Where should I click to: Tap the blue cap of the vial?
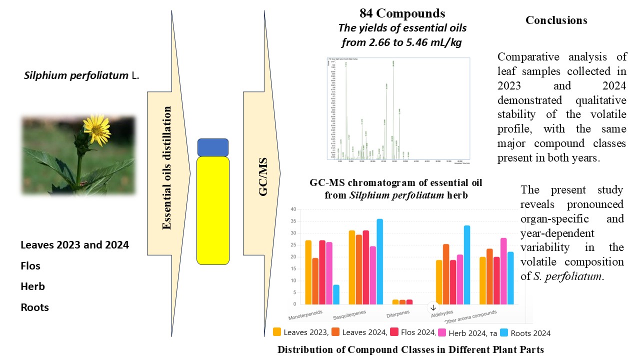pyautogui.click(x=213, y=147)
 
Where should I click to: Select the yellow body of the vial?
pyautogui.click(x=213, y=210)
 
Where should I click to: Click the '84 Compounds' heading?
pyautogui.click(x=401, y=13)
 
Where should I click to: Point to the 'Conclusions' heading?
pyautogui.click(x=556, y=20)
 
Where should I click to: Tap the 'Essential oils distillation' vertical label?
pyautogui.click(x=167, y=168)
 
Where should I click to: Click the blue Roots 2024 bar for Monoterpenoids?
pyautogui.click(x=336, y=294)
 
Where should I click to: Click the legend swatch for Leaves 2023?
pyautogui.click(x=276, y=332)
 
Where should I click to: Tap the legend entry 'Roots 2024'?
pyautogui.click(x=530, y=332)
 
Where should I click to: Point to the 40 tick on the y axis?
pyautogui.click(x=293, y=209)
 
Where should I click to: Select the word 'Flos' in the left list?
pyautogui.click(x=30, y=265)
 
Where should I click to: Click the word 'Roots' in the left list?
pyautogui.click(x=34, y=307)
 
